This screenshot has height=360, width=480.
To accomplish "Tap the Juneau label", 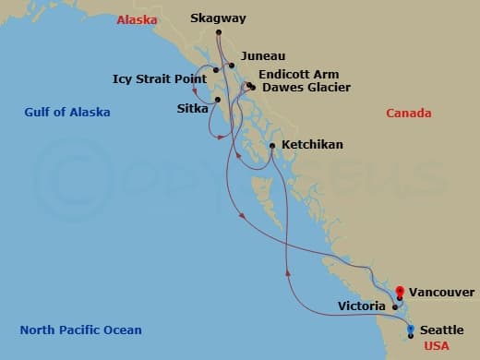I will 256,56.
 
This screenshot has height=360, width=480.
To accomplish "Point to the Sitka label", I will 192,108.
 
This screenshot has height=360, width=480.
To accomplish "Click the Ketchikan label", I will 312,145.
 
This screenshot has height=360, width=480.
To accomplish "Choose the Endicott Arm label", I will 298,74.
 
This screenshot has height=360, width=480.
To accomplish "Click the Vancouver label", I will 442,292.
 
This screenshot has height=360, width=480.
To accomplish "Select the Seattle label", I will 441,330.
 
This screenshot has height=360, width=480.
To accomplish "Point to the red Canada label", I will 409,114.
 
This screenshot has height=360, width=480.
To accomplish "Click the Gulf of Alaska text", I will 67,113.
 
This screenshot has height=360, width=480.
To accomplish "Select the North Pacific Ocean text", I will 81,330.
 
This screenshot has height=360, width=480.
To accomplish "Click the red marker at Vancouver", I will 399,294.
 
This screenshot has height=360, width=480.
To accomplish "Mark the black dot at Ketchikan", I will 271,145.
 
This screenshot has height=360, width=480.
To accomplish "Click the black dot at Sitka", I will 218,99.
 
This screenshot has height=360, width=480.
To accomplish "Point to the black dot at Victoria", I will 394,306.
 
